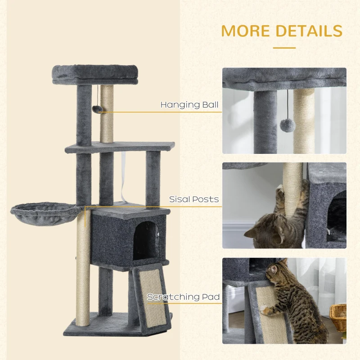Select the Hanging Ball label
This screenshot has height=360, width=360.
click(x=189, y=105)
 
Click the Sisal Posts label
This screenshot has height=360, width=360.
click(x=194, y=199)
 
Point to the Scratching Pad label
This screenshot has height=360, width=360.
click(x=183, y=297)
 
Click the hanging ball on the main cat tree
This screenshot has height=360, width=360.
click(x=96, y=109)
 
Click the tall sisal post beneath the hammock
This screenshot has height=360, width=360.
click(x=83, y=270)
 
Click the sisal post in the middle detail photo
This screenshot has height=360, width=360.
click(x=292, y=189)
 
